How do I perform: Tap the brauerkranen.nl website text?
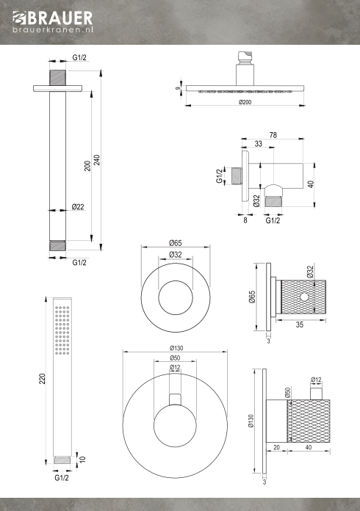(53, 29)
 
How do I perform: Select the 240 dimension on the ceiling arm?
(97, 160)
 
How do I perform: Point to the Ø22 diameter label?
(78, 206)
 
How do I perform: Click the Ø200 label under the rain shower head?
(245, 102)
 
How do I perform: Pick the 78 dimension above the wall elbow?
(273, 135)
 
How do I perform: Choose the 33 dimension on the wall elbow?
(259, 144)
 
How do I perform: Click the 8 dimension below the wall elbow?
(245, 220)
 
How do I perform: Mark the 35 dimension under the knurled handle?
(299, 325)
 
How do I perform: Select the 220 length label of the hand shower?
(42, 379)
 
